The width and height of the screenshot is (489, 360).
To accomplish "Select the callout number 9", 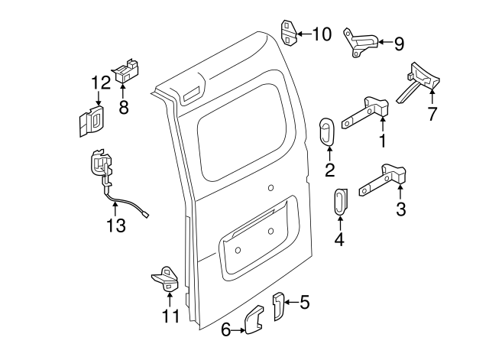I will pyautogui.click(x=398, y=44).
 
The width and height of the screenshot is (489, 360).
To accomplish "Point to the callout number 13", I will pyautogui.click(x=115, y=225).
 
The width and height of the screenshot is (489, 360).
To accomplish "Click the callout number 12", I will pyautogui.click(x=101, y=83).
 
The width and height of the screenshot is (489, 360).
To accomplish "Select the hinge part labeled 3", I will pyautogui.click(x=387, y=179).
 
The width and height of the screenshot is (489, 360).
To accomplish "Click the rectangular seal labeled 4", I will pyautogui.click(x=340, y=202).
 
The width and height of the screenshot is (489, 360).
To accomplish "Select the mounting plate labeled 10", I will pyautogui.click(x=289, y=31).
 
